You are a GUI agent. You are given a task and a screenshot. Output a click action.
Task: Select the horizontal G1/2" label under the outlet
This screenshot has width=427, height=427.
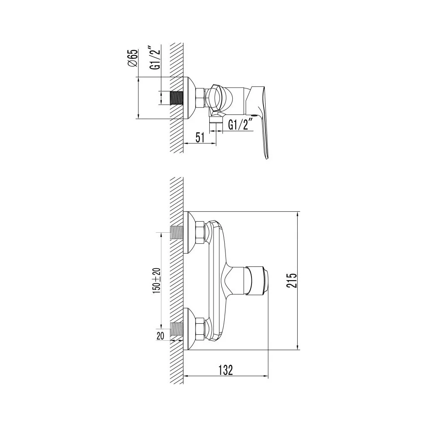[238, 125]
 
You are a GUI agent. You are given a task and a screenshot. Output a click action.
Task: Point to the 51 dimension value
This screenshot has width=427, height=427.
[200, 138]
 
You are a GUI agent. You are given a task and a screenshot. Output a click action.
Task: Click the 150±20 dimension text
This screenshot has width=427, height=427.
[157, 281]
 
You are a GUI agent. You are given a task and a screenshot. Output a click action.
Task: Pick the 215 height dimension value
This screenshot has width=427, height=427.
[291, 280]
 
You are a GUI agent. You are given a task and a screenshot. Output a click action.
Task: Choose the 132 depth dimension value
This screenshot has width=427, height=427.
[226, 370]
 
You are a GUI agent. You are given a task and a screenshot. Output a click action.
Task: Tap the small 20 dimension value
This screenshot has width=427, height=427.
[161, 336]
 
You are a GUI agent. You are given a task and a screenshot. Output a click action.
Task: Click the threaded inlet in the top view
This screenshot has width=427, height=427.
[176, 98]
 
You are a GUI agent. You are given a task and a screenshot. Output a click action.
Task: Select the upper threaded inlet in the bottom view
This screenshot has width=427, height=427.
[176, 232]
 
